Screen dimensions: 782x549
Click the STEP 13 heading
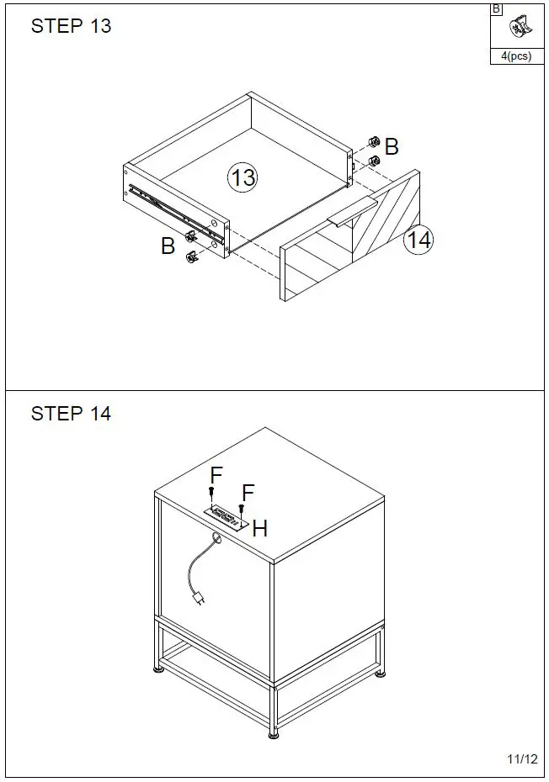click(x=71, y=26)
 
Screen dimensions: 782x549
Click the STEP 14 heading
click(x=71, y=414)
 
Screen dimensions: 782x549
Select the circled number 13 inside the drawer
click(x=243, y=177)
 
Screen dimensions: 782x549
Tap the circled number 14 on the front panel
click(x=418, y=240)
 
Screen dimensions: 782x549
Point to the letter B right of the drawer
click(x=392, y=146)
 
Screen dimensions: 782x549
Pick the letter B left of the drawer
click(x=168, y=246)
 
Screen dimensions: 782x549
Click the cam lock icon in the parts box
click(x=516, y=28)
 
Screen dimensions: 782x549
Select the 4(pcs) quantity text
click(x=516, y=57)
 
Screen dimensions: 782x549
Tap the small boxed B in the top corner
click(x=496, y=9)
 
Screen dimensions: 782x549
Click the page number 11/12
click(x=522, y=759)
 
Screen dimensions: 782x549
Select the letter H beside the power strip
click(x=260, y=529)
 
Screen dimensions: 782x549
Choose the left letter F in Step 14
click(x=216, y=475)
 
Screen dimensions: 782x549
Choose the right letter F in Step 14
click(x=248, y=492)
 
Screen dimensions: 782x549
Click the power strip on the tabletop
click(x=227, y=517)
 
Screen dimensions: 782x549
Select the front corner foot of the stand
click(x=274, y=733)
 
